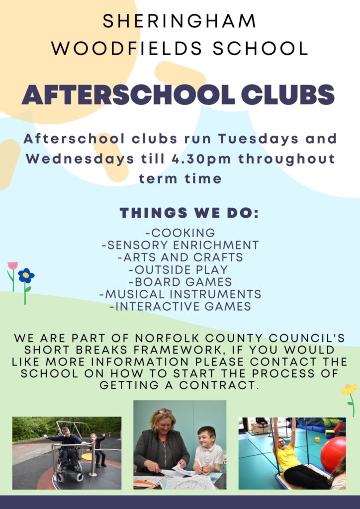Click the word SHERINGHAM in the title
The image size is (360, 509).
(x=180, y=21)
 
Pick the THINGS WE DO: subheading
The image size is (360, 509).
(x=189, y=213)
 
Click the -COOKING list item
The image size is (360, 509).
(x=180, y=233)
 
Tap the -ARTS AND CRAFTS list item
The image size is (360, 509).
(x=180, y=257)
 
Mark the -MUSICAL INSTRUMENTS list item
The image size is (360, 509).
(x=180, y=294)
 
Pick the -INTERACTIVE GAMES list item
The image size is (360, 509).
(x=180, y=307)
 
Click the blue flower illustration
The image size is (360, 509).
(x=26, y=275)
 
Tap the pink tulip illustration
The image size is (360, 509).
(x=12, y=266)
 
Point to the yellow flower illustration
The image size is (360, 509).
(x=349, y=390)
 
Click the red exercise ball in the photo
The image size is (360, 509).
(x=333, y=454)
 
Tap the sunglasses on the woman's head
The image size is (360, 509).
(x=164, y=412)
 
